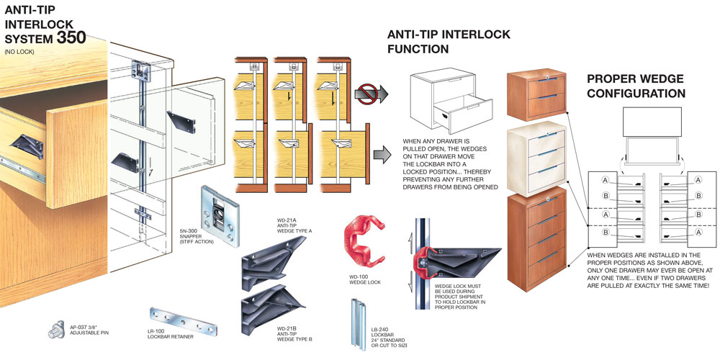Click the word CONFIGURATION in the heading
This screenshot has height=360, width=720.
coord(636,94)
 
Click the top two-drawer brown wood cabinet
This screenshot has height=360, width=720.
coord(536,96)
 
